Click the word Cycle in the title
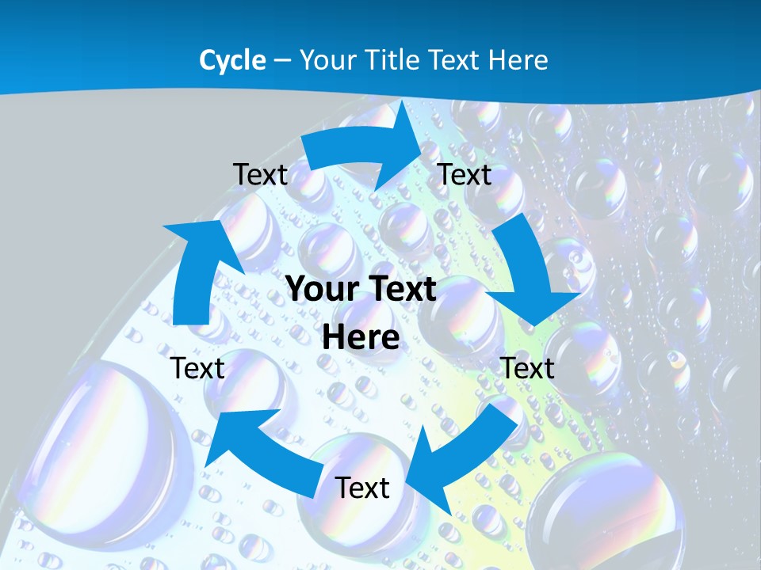pos(232,60)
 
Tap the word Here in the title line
pos(519,60)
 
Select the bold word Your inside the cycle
pos(321,290)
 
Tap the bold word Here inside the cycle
pos(361,338)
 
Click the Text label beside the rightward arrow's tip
pos(465,175)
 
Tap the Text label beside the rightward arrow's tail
pos(260,175)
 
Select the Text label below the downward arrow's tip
pos(527,368)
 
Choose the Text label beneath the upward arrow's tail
pos(197,368)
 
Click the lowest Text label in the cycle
pos(362,488)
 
